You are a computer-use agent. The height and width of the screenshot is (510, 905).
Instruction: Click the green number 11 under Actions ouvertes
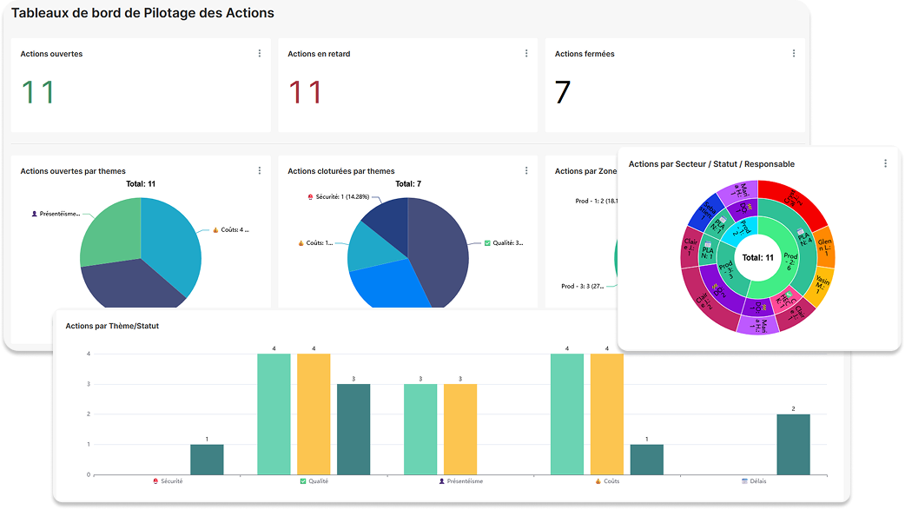(38, 92)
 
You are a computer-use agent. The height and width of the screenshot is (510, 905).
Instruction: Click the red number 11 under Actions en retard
(305, 92)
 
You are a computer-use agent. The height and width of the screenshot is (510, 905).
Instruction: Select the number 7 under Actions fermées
(563, 92)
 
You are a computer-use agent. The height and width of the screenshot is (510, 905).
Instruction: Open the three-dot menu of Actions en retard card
(526, 54)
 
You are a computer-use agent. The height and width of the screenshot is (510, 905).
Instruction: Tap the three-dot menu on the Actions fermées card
(793, 54)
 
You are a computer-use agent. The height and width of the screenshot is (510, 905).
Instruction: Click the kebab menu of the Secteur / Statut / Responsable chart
(885, 163)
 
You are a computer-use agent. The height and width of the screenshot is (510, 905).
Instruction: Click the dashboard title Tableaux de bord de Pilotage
(142, 13)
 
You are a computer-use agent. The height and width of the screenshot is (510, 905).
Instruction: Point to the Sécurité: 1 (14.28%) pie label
(340, 197)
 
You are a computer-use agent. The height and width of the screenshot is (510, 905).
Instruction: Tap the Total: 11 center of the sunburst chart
(757, 258)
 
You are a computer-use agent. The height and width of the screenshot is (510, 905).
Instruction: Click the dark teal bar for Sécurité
(207, 460)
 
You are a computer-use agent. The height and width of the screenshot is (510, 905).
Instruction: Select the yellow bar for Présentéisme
(460, 429)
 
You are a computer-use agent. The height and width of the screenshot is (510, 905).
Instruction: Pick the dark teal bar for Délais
(793, 444)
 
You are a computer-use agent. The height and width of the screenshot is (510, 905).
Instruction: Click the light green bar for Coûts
(567, 414)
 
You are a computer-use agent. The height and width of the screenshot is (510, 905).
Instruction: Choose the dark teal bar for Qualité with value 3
(353, 429)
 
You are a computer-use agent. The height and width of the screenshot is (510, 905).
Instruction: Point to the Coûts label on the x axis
(611, 480)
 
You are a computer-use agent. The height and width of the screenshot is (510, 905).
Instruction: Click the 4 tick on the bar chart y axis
(88, 354)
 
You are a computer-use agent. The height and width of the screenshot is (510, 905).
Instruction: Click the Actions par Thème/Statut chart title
(112, 326)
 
